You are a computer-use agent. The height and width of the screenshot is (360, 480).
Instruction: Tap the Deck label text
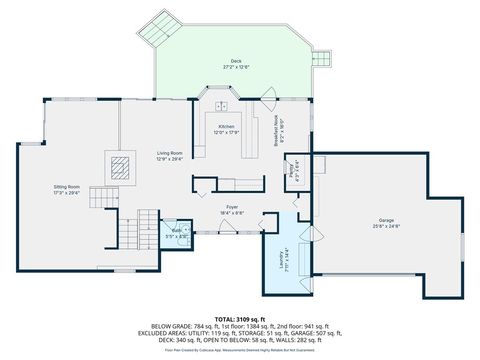pyautogui.click(x=236, y=61)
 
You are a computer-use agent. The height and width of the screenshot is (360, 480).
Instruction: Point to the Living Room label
pyautogui.click(x=169, y=153)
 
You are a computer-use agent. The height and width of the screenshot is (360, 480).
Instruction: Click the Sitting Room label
pyautogui.click(x=67, y=186)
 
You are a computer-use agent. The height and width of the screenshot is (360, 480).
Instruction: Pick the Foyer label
pyautogui.click(x=231, y=207)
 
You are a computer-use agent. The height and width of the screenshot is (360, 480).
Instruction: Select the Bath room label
pyautogui.click(x=176, y=230)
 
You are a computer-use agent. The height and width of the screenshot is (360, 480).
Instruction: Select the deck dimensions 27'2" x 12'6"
pyautogui.click(x=236, y=67)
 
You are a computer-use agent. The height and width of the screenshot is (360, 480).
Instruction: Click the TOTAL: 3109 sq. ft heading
pyautogui.click(x=240, y=318)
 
